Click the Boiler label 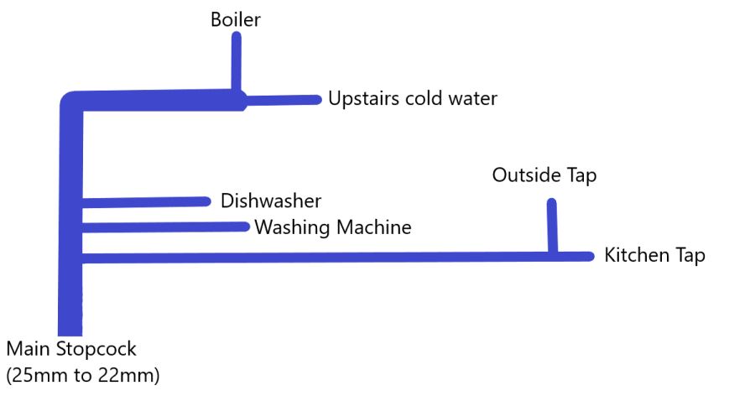coord(236,18)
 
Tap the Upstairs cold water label coord(413,99)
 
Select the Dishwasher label coord(271,201)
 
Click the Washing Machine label coord(333,227)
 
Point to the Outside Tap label coord(544,175)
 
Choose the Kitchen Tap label coord(654,256)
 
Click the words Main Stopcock coord(70,349)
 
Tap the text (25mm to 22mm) coord(82,375)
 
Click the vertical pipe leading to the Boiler coord(237,60)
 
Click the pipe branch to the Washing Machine coord(164,227)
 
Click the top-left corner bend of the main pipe coord(70,102)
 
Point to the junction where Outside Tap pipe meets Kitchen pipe coord(552,255)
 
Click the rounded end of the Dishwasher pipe coord(206,201)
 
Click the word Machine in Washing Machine coord(373,227)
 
